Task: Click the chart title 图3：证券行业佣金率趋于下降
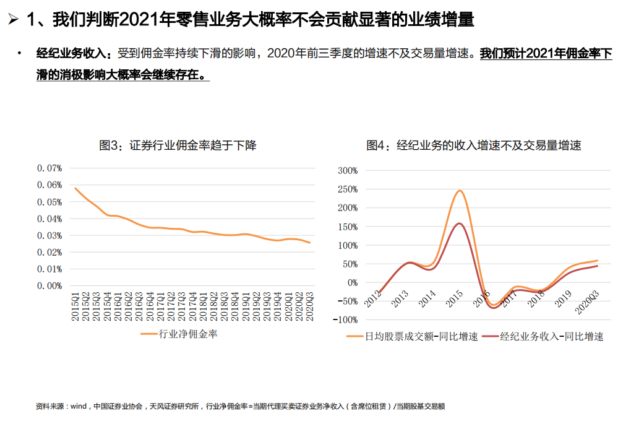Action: [x=178, y=146]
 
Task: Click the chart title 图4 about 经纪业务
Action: [x=474, y=146]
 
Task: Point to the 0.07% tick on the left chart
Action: [x=49, y=168]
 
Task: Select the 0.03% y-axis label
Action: [x=49, y=236]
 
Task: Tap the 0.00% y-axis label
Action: [x=49, y=286]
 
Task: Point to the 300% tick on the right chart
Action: [x=347, y=171]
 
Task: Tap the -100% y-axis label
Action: [x=345, y=320]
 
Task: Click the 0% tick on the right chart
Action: [x=351, y=283]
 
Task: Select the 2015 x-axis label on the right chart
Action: [x=454, y=300]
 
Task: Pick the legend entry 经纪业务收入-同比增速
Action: [x=551, y=337]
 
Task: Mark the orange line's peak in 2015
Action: [x=460, y=191]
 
